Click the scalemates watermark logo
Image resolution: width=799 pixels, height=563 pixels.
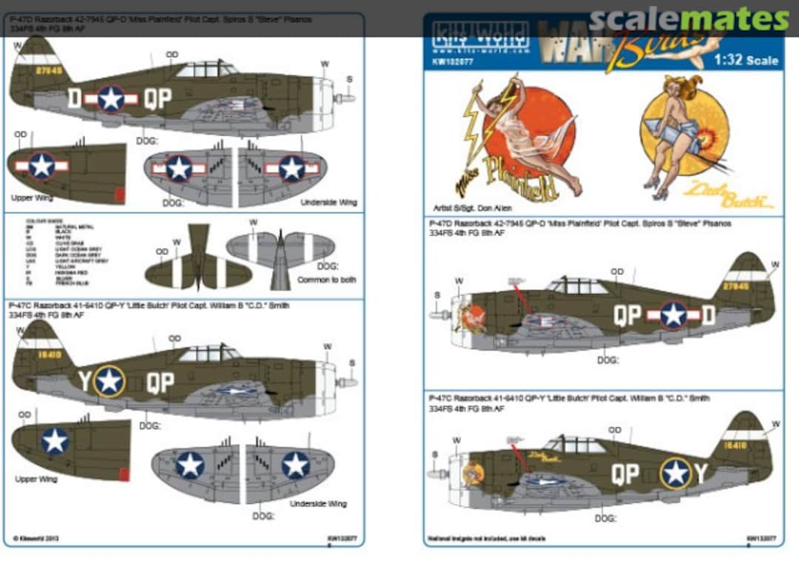coord(689,19)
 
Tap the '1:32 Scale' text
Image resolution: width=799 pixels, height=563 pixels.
coord(746,60)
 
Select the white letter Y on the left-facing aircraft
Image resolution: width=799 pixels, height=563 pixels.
coord(84,381)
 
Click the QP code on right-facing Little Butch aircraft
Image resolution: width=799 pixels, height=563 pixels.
coord(625,473)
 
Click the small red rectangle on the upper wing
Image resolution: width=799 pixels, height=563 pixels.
coord(120,195)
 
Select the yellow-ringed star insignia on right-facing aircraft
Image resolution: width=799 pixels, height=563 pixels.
coord(675,473)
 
